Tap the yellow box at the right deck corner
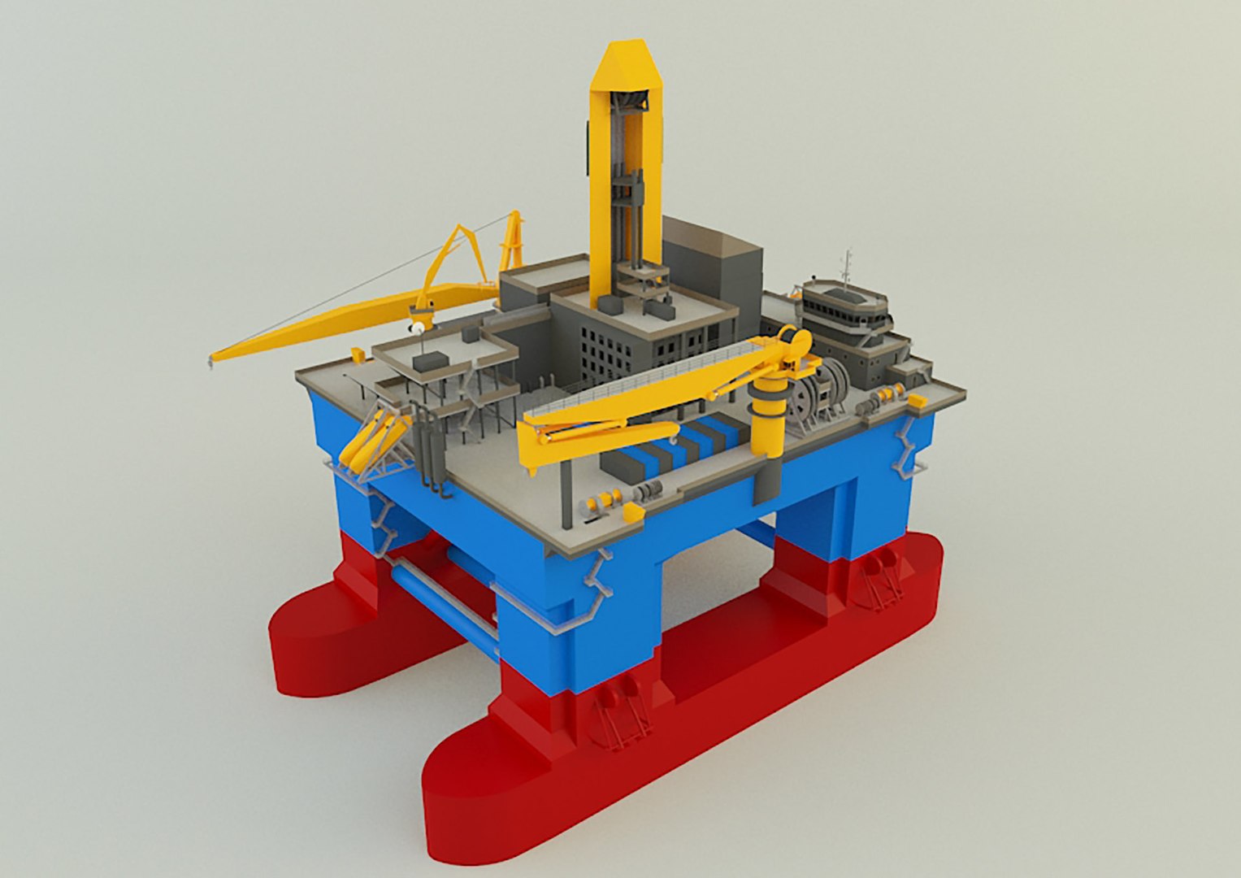(917, 401)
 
